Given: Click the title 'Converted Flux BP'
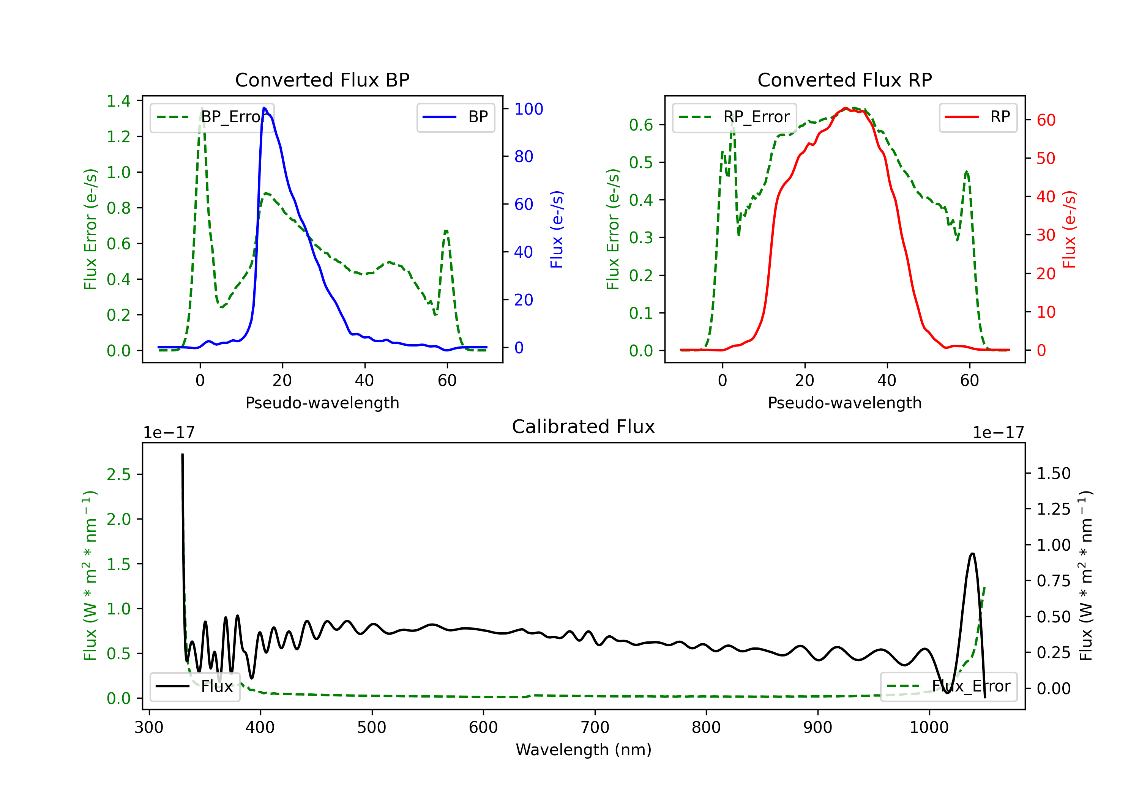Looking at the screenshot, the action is (322, 80).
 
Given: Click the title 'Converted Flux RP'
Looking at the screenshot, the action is (844, 80).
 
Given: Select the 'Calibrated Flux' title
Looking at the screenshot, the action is (584, 427).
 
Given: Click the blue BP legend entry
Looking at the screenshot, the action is (455, 117).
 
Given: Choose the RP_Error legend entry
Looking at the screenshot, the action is (734, 117).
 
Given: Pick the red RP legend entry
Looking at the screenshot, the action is (978, 117).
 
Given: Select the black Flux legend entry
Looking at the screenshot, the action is (194, 687).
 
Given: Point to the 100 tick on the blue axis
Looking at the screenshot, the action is (529, 109).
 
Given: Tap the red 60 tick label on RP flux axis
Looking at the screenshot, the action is (1046, 120).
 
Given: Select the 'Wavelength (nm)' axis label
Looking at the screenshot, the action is (584, 750).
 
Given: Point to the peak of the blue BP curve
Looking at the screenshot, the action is (264, 108).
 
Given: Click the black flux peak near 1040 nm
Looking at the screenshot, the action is (972, 553).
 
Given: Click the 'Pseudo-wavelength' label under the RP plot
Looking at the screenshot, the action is (844, 403).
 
